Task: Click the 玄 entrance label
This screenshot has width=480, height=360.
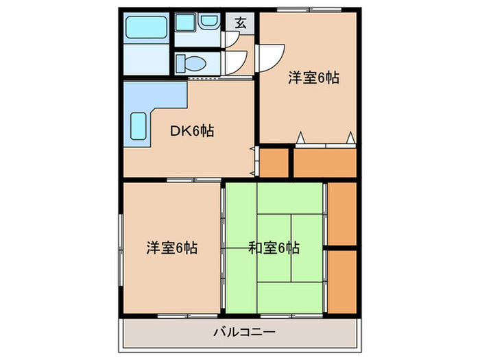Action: (241, 22)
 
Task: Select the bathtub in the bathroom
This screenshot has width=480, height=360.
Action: (145, 28)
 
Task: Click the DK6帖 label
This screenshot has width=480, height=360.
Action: (192, 130)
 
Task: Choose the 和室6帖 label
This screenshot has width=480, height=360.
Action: (274, 248)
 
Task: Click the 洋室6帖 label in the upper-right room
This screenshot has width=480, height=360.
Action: (313, 78)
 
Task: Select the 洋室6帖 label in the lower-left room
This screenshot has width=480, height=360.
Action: (171, 248)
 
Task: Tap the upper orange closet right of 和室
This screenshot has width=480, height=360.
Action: (341, 213)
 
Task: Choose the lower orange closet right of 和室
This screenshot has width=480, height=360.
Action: (341, 281)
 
